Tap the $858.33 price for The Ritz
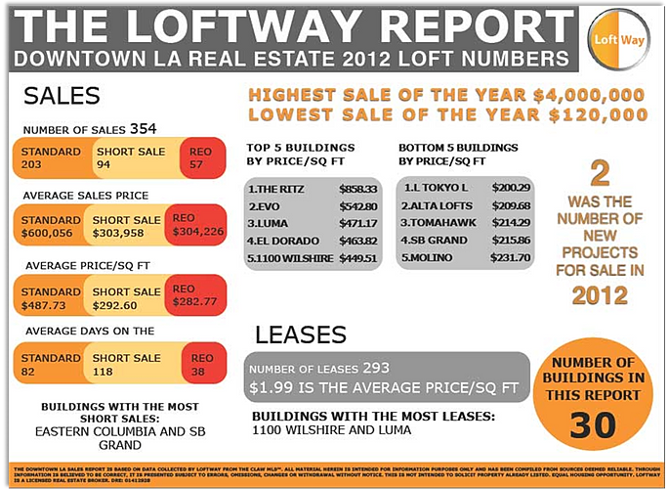click(357, 187)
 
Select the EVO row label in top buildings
click(267, 205)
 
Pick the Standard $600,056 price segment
click(52, 227)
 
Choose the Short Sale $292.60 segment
click(125, 297)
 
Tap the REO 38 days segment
click(201, 365)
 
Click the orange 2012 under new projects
click(600, 295)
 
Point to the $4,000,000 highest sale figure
click(589, 95)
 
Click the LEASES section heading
click(300, 334)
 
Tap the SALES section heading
click(62, 95)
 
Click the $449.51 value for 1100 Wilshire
click(357, 258)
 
